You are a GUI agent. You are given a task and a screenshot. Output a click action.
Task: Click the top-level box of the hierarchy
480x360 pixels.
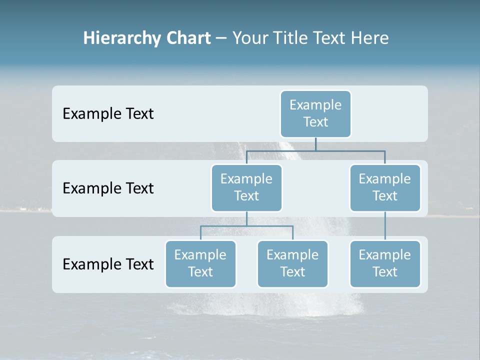coord(315,113)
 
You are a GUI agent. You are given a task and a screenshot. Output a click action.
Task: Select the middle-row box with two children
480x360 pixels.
coord(246,187)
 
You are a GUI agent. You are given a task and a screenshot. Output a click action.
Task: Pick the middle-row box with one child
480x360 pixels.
coord(384,187)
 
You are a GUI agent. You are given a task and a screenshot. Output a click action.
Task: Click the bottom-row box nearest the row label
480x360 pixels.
coord(200,263)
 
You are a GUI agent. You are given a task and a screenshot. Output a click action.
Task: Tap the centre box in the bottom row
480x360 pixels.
coord(292,263)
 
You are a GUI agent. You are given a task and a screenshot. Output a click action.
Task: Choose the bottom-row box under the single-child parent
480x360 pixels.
coord(384,263)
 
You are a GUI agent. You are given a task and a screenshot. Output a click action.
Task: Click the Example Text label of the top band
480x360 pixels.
coord(108,114)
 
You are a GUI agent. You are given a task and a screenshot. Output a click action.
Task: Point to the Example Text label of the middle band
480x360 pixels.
coord(108,188)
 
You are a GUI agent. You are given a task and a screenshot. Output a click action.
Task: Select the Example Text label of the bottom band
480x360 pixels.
coord(108,264)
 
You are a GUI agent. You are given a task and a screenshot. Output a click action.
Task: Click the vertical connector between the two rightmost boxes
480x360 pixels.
coord(385,226)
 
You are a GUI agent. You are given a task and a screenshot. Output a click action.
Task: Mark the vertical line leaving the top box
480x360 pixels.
coord(315,144)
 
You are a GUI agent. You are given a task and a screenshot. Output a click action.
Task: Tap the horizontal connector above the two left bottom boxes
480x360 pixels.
coord(246,226)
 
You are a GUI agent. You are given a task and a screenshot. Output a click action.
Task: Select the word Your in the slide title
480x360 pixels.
coord(250,38)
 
